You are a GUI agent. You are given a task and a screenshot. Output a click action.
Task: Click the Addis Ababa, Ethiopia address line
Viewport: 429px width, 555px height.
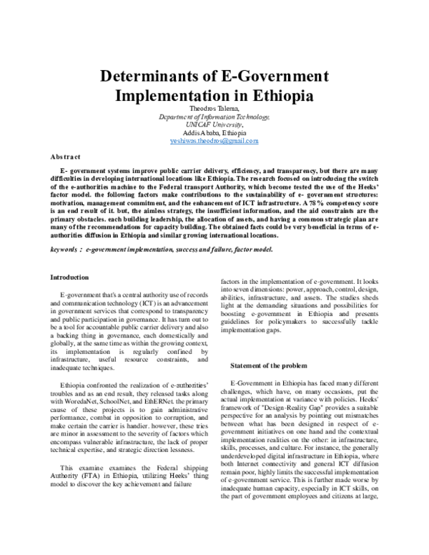point(214,133)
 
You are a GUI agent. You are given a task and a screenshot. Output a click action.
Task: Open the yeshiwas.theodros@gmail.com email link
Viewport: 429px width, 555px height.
point(214,142)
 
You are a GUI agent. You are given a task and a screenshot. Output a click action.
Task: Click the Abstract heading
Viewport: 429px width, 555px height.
point(65,156)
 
